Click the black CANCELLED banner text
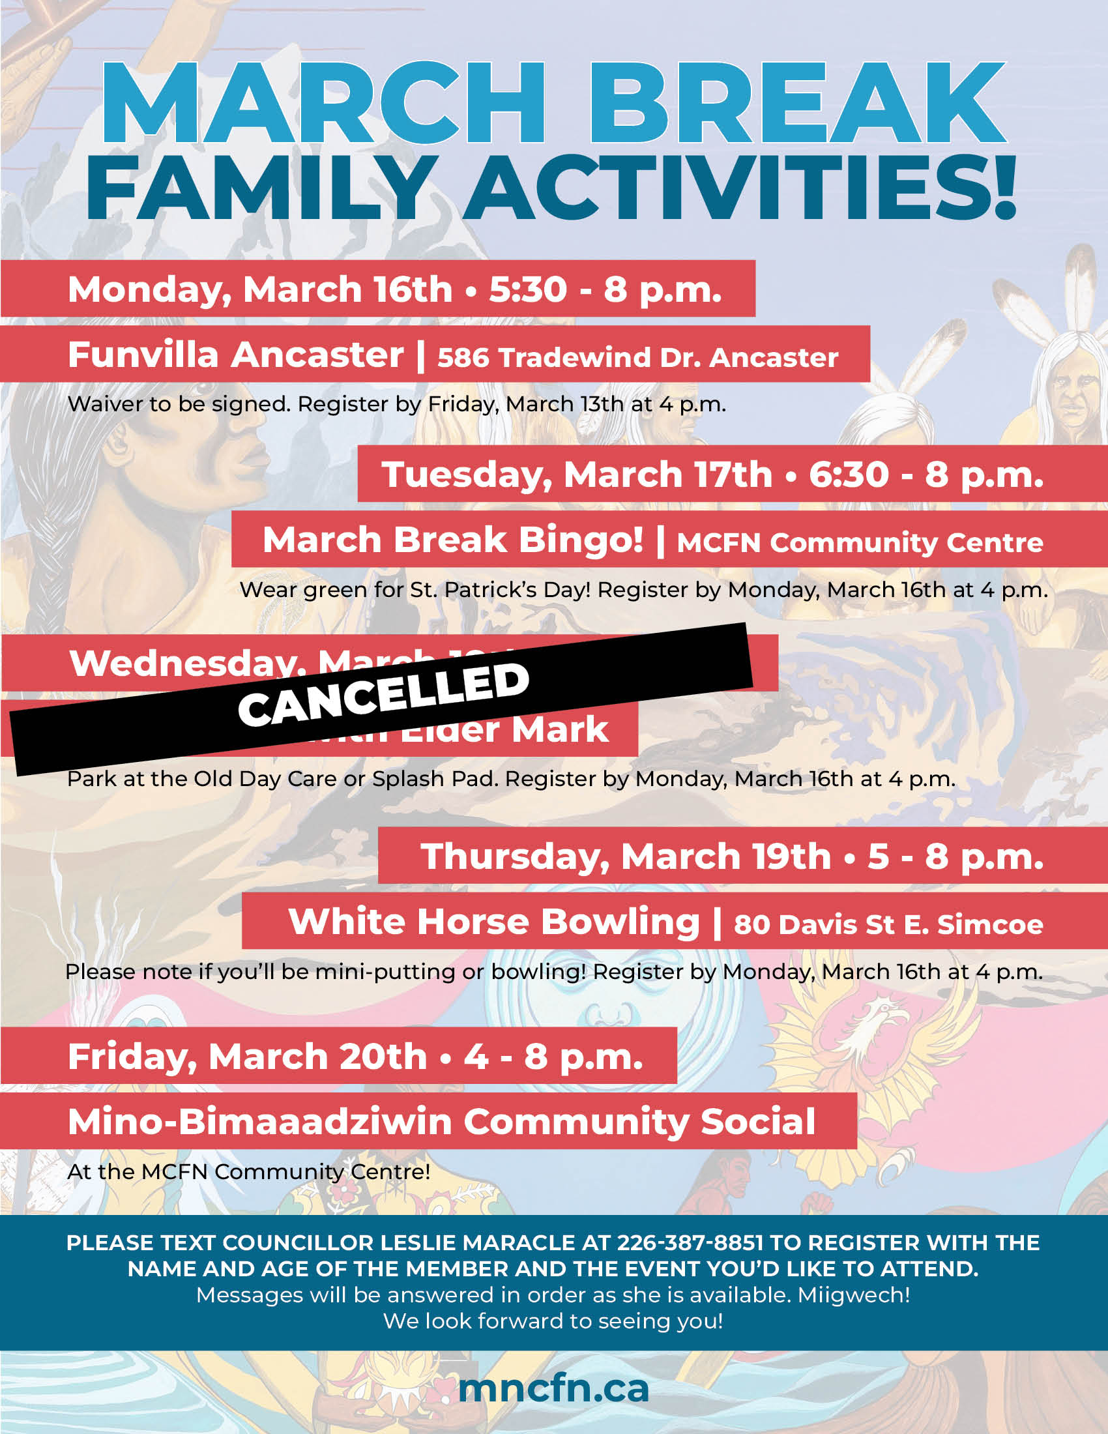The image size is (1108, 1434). tap(383, 695)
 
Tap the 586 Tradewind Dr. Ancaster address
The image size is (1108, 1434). tap(637, 358)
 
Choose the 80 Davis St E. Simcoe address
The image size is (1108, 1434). tap(888, 924)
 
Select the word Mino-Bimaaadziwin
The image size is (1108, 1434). tap(259, 1122)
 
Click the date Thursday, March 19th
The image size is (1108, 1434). tap(626, 857)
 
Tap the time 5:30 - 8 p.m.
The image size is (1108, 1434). tap(605, 289)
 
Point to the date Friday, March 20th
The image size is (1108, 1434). tap(248, 1057)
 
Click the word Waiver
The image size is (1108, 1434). tap(105, 404)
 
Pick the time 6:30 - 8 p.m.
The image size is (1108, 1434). tap(926, 475)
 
